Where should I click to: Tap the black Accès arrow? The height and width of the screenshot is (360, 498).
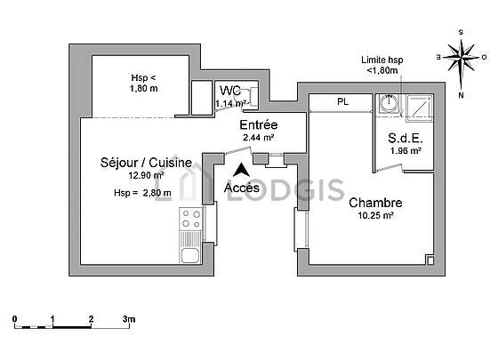coord(241,170)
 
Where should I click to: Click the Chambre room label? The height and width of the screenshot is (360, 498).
coord(375,203)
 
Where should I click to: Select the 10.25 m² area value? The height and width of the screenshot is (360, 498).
coord(375,215)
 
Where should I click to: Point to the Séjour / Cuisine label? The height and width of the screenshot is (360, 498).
coord(146,163)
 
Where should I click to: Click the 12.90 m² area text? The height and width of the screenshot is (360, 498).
coord(146,175)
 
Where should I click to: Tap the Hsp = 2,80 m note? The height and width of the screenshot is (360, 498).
coord(142,193)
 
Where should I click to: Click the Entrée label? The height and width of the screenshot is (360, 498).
coord(259,124)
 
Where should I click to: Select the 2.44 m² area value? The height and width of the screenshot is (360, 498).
coord(259,138)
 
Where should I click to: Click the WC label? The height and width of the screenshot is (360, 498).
coord(230,91)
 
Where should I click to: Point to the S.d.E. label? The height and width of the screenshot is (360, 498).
coord(406,138)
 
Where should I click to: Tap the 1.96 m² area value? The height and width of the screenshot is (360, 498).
coord(406,151)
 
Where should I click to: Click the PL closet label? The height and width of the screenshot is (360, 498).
coord(342,102)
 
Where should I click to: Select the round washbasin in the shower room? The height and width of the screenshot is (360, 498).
coord(390,103)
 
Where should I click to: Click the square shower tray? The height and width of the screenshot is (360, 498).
coord(420,108)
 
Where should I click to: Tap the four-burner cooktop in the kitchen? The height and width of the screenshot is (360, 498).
coord(191,219)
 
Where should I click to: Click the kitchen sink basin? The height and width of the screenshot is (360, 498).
coord(190,255)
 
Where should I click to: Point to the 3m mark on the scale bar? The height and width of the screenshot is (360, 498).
coord(129,319)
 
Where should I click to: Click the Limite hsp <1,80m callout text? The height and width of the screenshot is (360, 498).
coord(382,65)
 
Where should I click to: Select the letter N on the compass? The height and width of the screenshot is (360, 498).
coord(462,95)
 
